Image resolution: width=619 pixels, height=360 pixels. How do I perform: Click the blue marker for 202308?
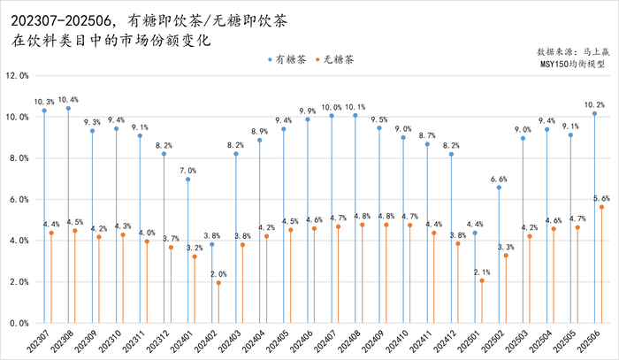[68, 108]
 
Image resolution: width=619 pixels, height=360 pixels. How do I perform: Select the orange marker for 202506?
[601, 207]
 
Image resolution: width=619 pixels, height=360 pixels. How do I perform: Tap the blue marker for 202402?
[211, 244]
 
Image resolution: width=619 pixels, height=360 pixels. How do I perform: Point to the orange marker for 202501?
[482, 280]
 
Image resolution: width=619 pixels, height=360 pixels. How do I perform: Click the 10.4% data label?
[68, 99]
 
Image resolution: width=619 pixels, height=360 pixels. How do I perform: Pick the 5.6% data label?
[601, 198]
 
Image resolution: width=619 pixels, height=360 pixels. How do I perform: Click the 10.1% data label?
[355, 106]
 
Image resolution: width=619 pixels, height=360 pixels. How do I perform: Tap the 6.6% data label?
[499, 178]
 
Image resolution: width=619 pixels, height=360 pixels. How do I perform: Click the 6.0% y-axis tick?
[19, 200]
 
